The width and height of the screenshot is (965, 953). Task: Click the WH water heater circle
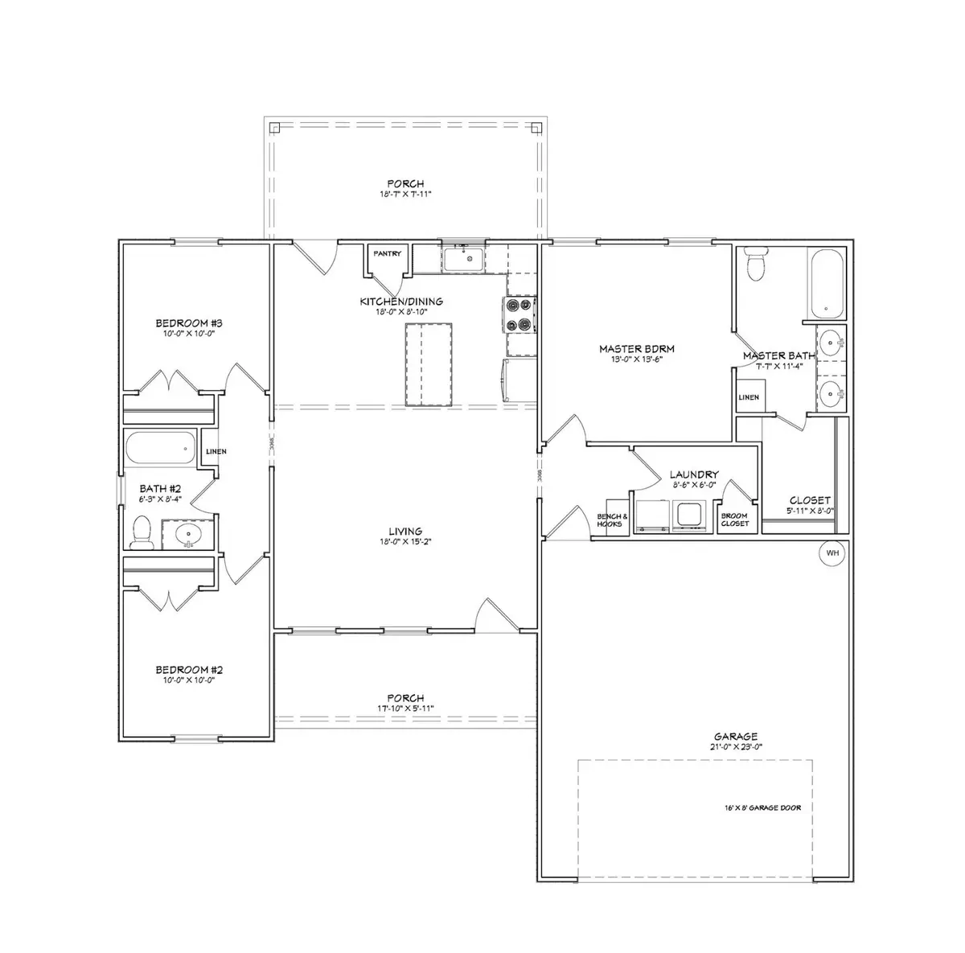(832, 552)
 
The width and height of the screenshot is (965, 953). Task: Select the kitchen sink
(463, 260)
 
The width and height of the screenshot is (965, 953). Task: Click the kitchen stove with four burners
(519, 314)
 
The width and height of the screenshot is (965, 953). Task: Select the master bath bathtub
(825, 284)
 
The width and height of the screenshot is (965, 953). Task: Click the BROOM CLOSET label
(735, 520)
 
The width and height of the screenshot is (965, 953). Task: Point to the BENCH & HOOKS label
(609, 520)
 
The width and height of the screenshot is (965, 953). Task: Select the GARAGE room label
(735, 736)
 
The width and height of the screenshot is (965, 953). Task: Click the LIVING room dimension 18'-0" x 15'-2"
(405, 541)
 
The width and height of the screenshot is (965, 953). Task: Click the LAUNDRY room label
(694, 475)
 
